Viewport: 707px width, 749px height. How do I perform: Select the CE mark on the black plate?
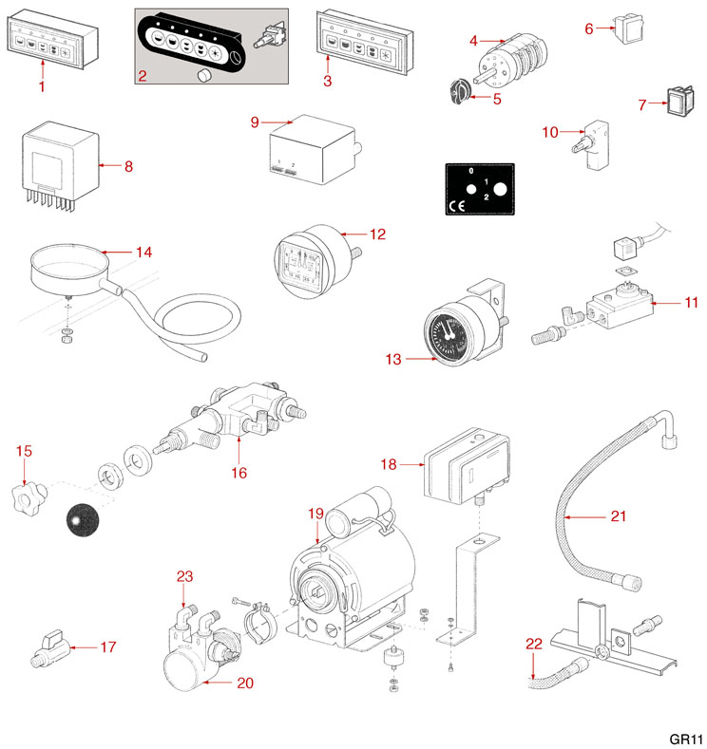(455, 206)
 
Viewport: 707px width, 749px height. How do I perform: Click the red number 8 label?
(128, 166)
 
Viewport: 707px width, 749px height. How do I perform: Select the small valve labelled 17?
(48, 650)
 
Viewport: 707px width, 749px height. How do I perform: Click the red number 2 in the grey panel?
(141, 75)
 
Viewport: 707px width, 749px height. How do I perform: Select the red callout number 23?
(184, 575)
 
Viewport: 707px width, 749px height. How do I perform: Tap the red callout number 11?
(691, 302)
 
